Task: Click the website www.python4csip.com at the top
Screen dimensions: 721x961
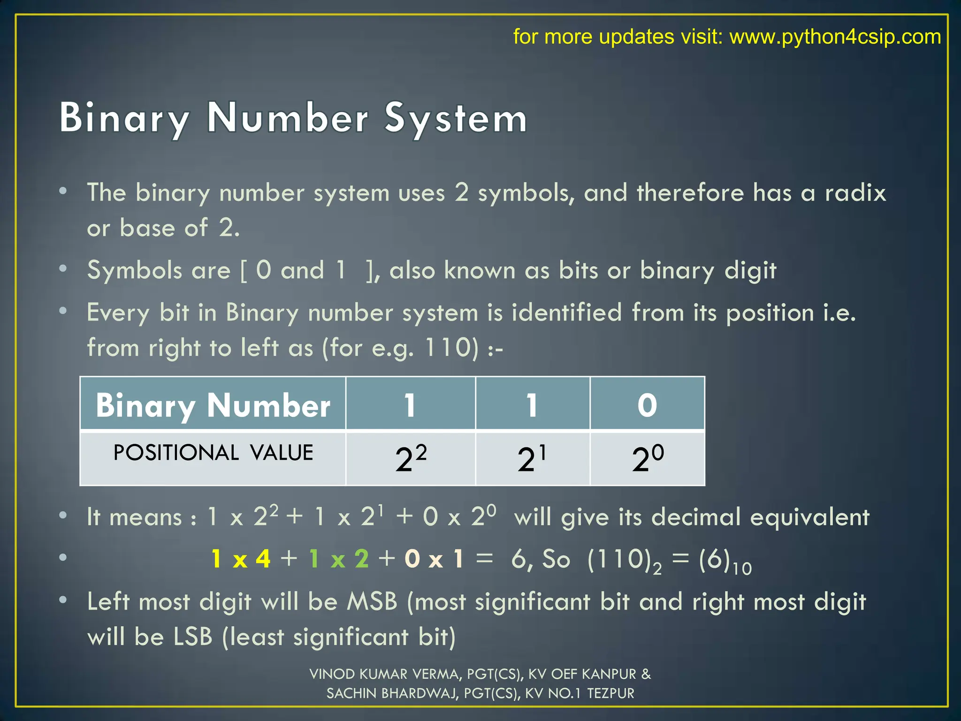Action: click(835, 37)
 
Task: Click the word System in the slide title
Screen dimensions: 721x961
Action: click(456, 118)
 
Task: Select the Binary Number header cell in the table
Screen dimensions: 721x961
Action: click(213, 405)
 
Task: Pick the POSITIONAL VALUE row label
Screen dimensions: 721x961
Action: click(213, 453)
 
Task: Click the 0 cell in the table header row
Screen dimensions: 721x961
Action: click(647, 405)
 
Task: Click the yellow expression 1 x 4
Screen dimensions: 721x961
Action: click(241, 559)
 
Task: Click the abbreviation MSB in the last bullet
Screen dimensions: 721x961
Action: click(372, 602)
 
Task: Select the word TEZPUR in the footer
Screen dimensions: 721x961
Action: click(610, 693)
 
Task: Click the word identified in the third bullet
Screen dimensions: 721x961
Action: click(566, 313)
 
